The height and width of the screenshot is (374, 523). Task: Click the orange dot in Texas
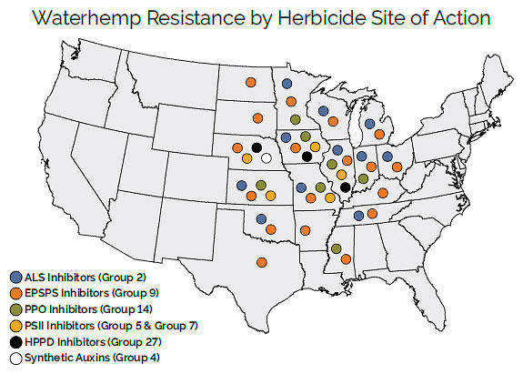click(262, 262)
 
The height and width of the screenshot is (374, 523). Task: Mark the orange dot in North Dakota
click(250, 83)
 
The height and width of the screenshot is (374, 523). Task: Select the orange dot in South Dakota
click(257, 117)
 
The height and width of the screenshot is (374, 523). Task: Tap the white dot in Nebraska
click(266, 157)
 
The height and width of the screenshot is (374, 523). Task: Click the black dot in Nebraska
click(256, 147)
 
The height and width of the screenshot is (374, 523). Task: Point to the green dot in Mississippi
click(337, 248)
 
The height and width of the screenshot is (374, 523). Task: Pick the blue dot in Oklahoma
click(261, 218)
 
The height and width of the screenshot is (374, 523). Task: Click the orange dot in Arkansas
click(306, 229)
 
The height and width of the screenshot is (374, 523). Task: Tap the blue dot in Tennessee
click(359, 216)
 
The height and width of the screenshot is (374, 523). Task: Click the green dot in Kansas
click(261, 185)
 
